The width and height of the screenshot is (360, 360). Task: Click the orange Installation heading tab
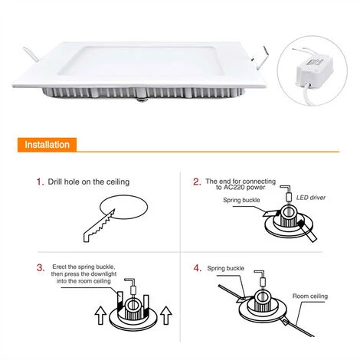(x=47, y=145)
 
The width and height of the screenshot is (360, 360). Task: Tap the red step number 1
(x=40, y=182)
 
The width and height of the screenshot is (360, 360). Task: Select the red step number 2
(x=197, y=182)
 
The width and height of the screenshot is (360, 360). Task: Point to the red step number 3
(x=41, y=268)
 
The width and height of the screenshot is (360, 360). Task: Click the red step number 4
(x=198, y=268)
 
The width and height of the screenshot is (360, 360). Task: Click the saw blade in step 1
(x=99, y=226)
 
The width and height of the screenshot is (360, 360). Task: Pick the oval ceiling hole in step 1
(x=123, y=207)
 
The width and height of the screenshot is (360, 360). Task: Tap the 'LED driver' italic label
(x=311, y=198)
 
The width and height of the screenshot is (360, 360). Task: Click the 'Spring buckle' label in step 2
(x=241, y=200)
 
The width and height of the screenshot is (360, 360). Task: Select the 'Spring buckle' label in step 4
(x=226, y=268)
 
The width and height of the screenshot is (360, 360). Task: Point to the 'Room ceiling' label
(x=310, y=296)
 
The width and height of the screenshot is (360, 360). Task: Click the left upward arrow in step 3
(x=100, y=315)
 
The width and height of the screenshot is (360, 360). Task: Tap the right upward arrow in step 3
(x=166, y=315)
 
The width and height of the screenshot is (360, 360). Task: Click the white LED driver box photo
(x=315, y=70)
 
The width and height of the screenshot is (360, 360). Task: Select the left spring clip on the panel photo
(x=31, y=54)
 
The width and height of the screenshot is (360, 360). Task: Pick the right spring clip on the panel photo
(x=260, y=57)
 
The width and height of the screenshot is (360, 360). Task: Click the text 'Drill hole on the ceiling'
(x=89, y=182)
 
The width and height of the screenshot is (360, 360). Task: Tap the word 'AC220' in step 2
(x=234, y=188)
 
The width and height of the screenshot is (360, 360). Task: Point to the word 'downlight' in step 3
(x=103, y=274)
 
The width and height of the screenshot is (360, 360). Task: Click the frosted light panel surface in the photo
(x=140, y=61)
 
